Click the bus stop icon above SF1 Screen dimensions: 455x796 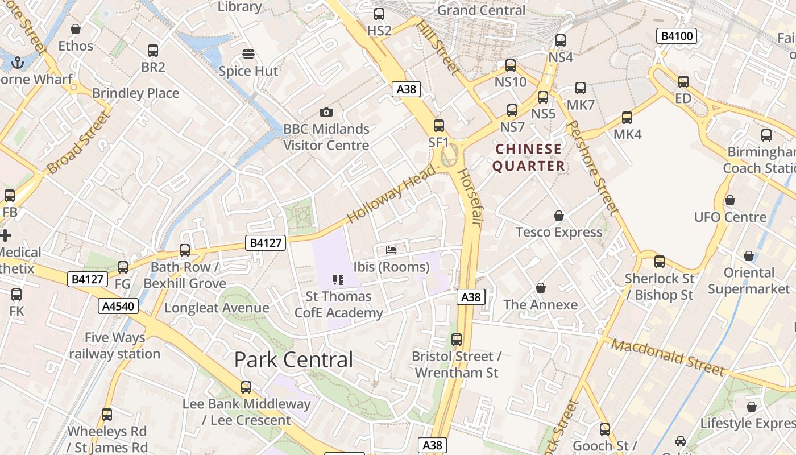[438, 126]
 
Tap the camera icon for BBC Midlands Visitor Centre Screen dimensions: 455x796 [326, 112]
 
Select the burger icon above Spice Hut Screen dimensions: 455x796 [248, 54]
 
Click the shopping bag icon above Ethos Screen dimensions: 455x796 [76, 29]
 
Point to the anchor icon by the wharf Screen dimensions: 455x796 [18, 62]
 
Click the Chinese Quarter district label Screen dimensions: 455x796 [529, 158]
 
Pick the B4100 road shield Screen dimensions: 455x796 [676, 36]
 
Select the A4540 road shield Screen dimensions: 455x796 [118, 307]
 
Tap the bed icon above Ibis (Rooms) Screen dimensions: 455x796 [391, 250]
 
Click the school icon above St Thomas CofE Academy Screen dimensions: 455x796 [338, 279]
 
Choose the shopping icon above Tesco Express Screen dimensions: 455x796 [559, 216]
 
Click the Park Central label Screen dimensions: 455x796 [293, 359]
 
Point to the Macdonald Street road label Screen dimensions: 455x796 [669, 357]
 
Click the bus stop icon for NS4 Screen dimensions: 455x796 [561, 40]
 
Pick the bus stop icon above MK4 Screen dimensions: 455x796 [627, 118]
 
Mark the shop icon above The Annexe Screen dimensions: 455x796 [540, 288]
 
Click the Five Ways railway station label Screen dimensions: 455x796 [115, 345]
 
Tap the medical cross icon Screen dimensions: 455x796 [6, 235]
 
